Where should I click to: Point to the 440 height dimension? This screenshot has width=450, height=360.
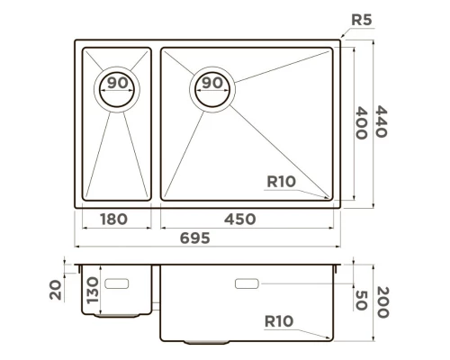click(382, 121)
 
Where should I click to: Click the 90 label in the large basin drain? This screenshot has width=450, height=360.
click(212, 83)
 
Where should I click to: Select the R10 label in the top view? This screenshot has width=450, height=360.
click(282, 182)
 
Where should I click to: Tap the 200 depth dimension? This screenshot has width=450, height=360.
click(382, 300)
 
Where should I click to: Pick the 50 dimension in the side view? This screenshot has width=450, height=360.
click(361, 300)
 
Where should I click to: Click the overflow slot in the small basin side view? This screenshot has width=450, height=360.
click(118, 283)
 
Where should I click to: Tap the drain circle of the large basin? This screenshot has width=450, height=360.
click(212, 86)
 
